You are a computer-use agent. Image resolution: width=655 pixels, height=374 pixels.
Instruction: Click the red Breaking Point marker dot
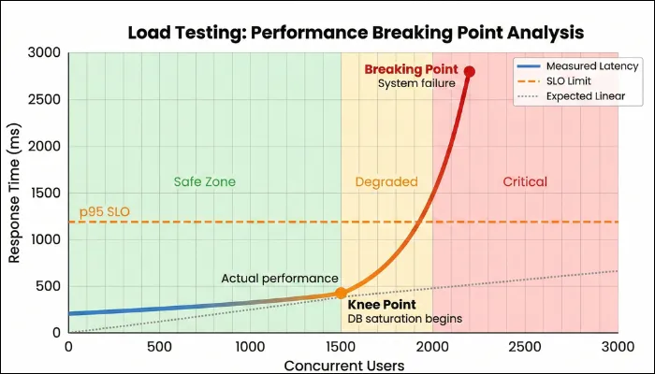click(x=470, y=71)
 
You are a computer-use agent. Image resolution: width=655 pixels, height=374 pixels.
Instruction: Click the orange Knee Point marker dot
click(x=342, y=293)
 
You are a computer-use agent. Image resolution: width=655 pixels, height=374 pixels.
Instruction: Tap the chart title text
click(x=356, y=32)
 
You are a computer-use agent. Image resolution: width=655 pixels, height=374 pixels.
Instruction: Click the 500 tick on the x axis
click(x=159, y=346)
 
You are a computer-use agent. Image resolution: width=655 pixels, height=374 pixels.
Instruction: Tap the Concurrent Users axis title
click(x=342, y=364)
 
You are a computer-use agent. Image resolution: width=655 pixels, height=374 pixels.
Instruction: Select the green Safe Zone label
click(x=205, y=181)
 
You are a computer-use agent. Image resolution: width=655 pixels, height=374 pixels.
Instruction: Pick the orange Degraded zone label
click(x=386, y=181)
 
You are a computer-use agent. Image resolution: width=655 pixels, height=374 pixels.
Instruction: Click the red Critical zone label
click(x=525, y=181)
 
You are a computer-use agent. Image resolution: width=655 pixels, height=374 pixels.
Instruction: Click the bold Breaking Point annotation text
click(x=411, y=69)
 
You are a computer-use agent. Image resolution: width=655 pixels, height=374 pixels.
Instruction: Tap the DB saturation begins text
click(x=405, y=319)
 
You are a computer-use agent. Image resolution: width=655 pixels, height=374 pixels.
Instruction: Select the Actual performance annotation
click(x=280, y=279)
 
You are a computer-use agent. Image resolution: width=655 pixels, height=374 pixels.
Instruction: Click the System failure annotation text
click(x=415, y=83)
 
